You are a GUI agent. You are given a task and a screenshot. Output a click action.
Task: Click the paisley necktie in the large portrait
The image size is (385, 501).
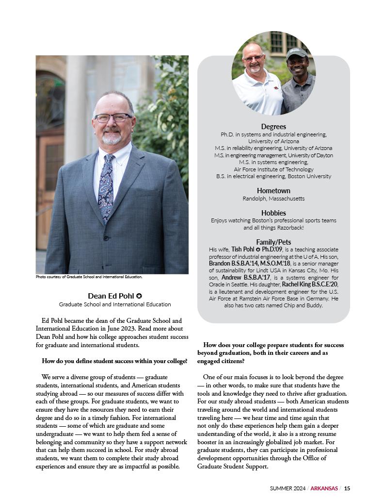[x=106, y=184]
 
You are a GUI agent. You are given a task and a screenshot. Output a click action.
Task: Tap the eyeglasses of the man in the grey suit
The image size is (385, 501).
[x=112, y=117]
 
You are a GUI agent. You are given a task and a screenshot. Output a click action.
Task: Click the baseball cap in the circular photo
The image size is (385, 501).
[x=296, y=52]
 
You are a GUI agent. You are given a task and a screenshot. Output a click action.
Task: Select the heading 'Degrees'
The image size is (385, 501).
[x=273, y=127]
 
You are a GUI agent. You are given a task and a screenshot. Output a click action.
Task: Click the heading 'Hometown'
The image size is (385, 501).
[x=273, y=191]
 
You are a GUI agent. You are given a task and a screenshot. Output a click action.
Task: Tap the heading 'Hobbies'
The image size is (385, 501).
[x=273, y=213]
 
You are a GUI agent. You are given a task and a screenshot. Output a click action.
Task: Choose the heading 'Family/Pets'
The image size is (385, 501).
[x=273, y=242]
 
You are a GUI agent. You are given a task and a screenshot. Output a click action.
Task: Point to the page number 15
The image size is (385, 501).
[x=347, y=488]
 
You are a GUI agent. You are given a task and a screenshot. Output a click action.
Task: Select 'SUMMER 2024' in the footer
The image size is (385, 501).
[x=288, y=488]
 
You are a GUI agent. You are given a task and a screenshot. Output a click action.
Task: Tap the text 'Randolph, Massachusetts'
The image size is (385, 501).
[x=273, y=199]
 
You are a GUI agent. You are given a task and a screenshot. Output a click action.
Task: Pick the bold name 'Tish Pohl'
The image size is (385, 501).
[x=243, y=249]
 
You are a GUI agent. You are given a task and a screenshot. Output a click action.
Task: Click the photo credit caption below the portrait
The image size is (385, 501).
[x=89, y=277]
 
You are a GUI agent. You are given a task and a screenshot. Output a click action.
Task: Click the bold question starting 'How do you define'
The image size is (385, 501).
[x=114, y=361]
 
